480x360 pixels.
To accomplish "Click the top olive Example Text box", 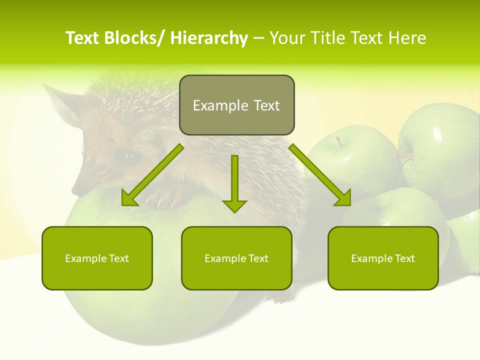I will click(236, 105).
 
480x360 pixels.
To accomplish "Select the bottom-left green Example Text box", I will click(97, 258).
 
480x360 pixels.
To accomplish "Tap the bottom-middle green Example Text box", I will click(236, 258).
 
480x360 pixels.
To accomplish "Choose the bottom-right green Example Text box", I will click(383, 258).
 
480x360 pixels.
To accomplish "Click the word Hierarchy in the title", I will click(209, 38).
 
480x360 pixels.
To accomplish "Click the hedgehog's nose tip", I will click(75, 190).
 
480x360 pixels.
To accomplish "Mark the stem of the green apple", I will click(339, 141).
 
